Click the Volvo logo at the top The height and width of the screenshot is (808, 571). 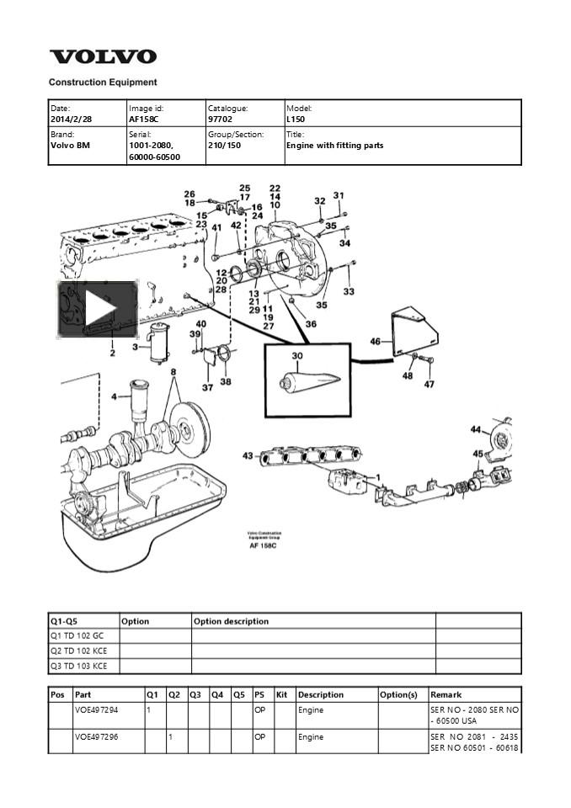pyautogui.click(x=103, y=57)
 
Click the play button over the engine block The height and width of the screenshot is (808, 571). pyautogui.click(x=98, y=309)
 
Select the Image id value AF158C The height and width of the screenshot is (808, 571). pyautogui.click(x=143, y=120)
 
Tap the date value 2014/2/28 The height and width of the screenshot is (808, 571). pyautogui.click(x=72, y=120)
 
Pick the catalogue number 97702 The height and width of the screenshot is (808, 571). pyautogui.click(x=221, y=120)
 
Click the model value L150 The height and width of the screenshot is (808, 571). pyautogui.click(x=297, y=120)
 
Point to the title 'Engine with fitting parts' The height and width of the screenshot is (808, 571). pyautogui.click(x=334, y=146)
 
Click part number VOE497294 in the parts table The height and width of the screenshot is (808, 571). pyautogui.click(x=96, y=710)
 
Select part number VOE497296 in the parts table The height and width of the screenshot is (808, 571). pyautogui.click(x=96, y=737)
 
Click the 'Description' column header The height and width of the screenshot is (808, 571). pyautogui.click(x=320, y=694)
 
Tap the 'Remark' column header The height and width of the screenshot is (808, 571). pyautogui.click(x=446, y=694)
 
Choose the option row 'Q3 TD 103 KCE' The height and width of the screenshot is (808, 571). pyautogui.click(x=79, y=666)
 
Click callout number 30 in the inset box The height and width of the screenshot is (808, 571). pyautogui.click(x=296, y=356)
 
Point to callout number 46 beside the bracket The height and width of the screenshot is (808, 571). pyautogui.click(x=376, y=342)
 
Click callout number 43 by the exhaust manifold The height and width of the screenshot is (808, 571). pyautogui.click(x=248, y=456)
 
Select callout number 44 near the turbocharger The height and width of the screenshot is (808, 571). pyautogui.click(x=476, y=430)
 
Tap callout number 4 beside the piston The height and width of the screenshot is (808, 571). pyautogui.click(x=115, y=396)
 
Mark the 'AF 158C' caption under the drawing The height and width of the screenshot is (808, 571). pyautogui.click(x=264, y=546)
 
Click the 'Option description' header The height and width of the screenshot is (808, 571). pyautogui.click(x=232, y=621)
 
